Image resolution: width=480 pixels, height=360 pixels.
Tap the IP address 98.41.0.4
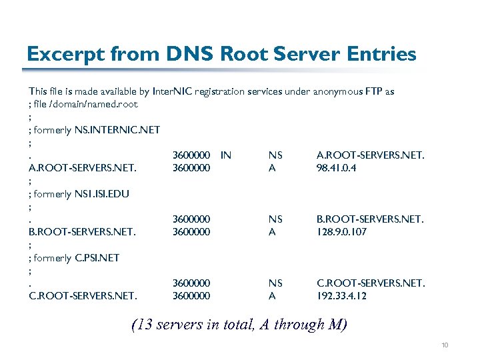(336, 168)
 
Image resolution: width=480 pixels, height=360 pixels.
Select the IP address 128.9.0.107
(341, 232)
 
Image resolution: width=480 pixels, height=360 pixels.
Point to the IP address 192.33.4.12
(341, 296)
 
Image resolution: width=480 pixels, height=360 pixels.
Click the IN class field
(226, 155)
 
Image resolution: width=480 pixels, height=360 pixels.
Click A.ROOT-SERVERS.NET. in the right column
(370, 155)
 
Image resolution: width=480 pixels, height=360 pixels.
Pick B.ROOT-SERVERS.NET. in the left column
(83, 232)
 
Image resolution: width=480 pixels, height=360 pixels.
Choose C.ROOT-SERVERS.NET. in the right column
(370, 283)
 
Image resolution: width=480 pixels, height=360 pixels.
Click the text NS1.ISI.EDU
(101, 194)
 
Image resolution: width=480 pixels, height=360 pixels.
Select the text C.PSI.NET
(97, 258)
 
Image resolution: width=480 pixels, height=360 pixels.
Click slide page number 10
(445, 345)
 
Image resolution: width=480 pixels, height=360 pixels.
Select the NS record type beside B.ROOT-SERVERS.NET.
(275, 219)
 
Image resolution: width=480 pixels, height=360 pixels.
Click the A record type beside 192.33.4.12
(272, 296)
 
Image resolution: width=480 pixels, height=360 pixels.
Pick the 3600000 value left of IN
(191, 155)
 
